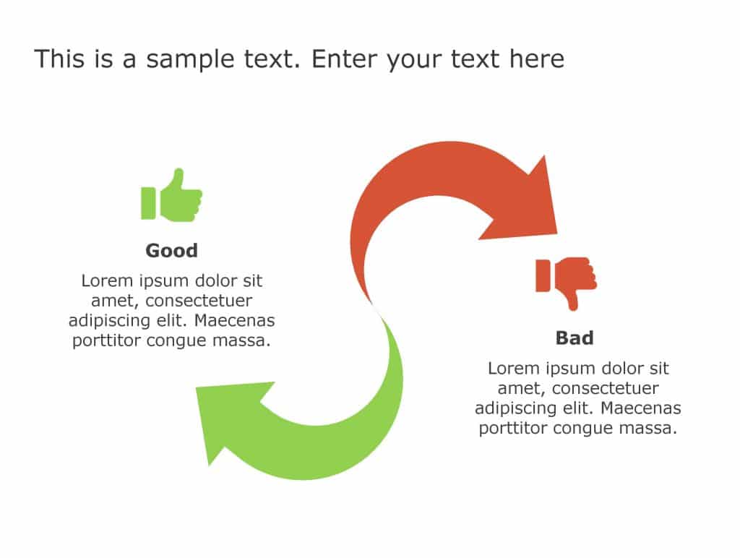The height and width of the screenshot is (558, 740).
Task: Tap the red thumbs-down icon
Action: point(566,283)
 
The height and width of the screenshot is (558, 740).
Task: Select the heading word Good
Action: point(171,251)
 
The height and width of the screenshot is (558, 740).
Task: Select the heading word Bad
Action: point(575,338)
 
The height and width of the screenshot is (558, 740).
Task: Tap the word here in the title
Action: point(536,59)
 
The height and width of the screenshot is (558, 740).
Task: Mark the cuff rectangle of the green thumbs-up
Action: point(148,203)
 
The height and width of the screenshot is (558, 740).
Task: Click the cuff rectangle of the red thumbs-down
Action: point(543,275)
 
